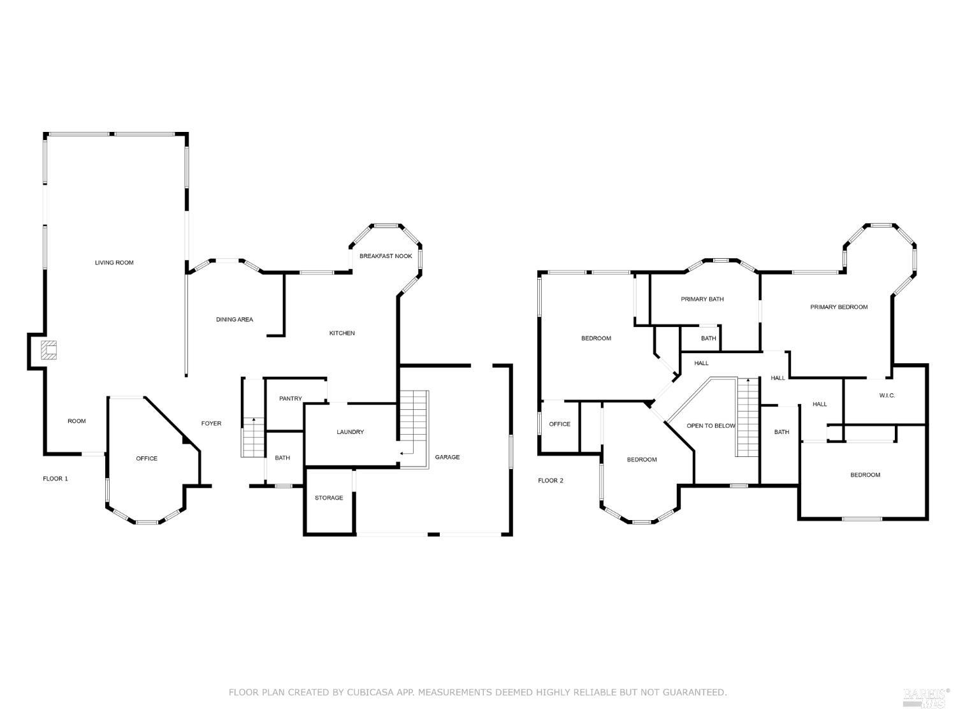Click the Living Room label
coord(114,263)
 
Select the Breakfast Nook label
coord(386,256)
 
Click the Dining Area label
coord(235,319)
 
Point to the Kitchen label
coord(342,333)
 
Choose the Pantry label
coord(291,398)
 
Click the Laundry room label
coord(350,432)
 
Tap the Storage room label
coord(329,498)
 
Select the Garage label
coord(447,457)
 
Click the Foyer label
coord(211,423)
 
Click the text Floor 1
coord(55,479)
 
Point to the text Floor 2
coord(551,481)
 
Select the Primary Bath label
coord(702,299)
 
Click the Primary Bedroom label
coord(839,307)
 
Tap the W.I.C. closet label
coord(887,396)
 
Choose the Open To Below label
coord(711,426)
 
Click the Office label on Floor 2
coord(560,424)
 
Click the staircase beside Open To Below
coord(748,417)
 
